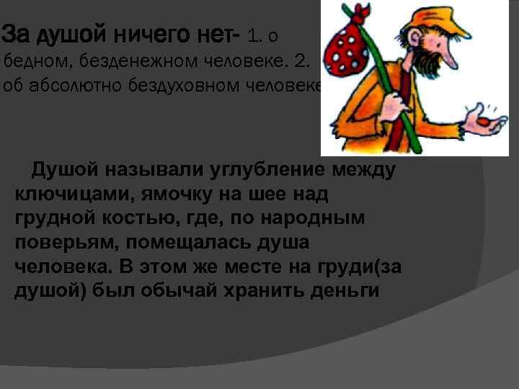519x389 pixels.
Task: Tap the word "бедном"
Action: [x=33, y=61]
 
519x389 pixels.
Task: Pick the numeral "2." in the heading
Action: [x=296, y=61]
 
